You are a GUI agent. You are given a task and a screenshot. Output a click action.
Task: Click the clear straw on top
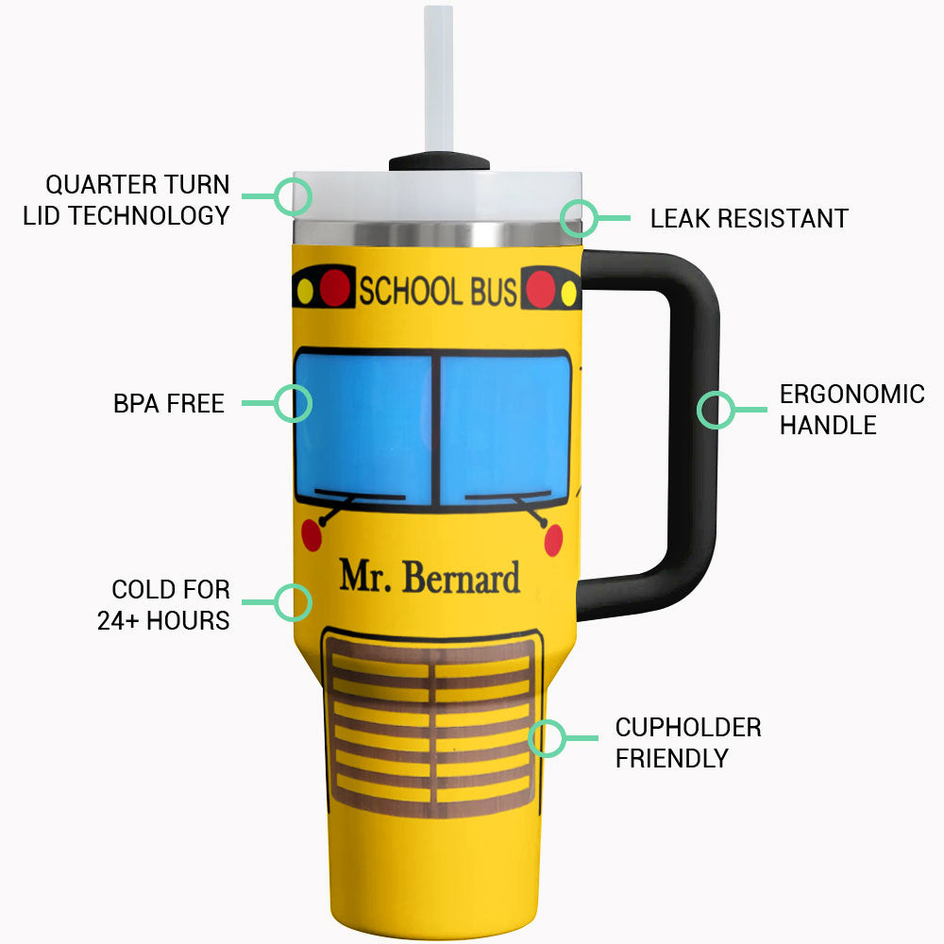439,76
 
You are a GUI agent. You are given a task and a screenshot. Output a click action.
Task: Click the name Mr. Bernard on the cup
430,576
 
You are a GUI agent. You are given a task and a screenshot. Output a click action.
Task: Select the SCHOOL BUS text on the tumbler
437,292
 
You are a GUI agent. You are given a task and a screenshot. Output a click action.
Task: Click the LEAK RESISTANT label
749,219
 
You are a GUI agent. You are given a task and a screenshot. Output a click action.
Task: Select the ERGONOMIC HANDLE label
851,409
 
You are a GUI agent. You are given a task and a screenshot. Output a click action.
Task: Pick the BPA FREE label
169,404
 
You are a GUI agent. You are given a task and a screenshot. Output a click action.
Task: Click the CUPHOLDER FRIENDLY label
688,742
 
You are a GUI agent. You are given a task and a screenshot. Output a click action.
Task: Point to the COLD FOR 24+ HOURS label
164,604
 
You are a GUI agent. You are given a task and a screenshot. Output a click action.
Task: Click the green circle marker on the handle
716,410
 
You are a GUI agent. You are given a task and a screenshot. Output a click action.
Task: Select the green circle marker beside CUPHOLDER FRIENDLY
547,738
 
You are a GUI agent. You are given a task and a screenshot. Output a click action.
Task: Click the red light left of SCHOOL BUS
334,289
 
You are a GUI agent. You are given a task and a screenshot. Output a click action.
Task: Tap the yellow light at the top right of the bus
568,294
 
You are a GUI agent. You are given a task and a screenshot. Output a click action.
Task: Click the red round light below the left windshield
312,536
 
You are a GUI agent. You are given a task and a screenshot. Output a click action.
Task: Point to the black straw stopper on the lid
439,162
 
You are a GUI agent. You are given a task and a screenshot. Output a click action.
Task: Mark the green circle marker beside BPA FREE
293,403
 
